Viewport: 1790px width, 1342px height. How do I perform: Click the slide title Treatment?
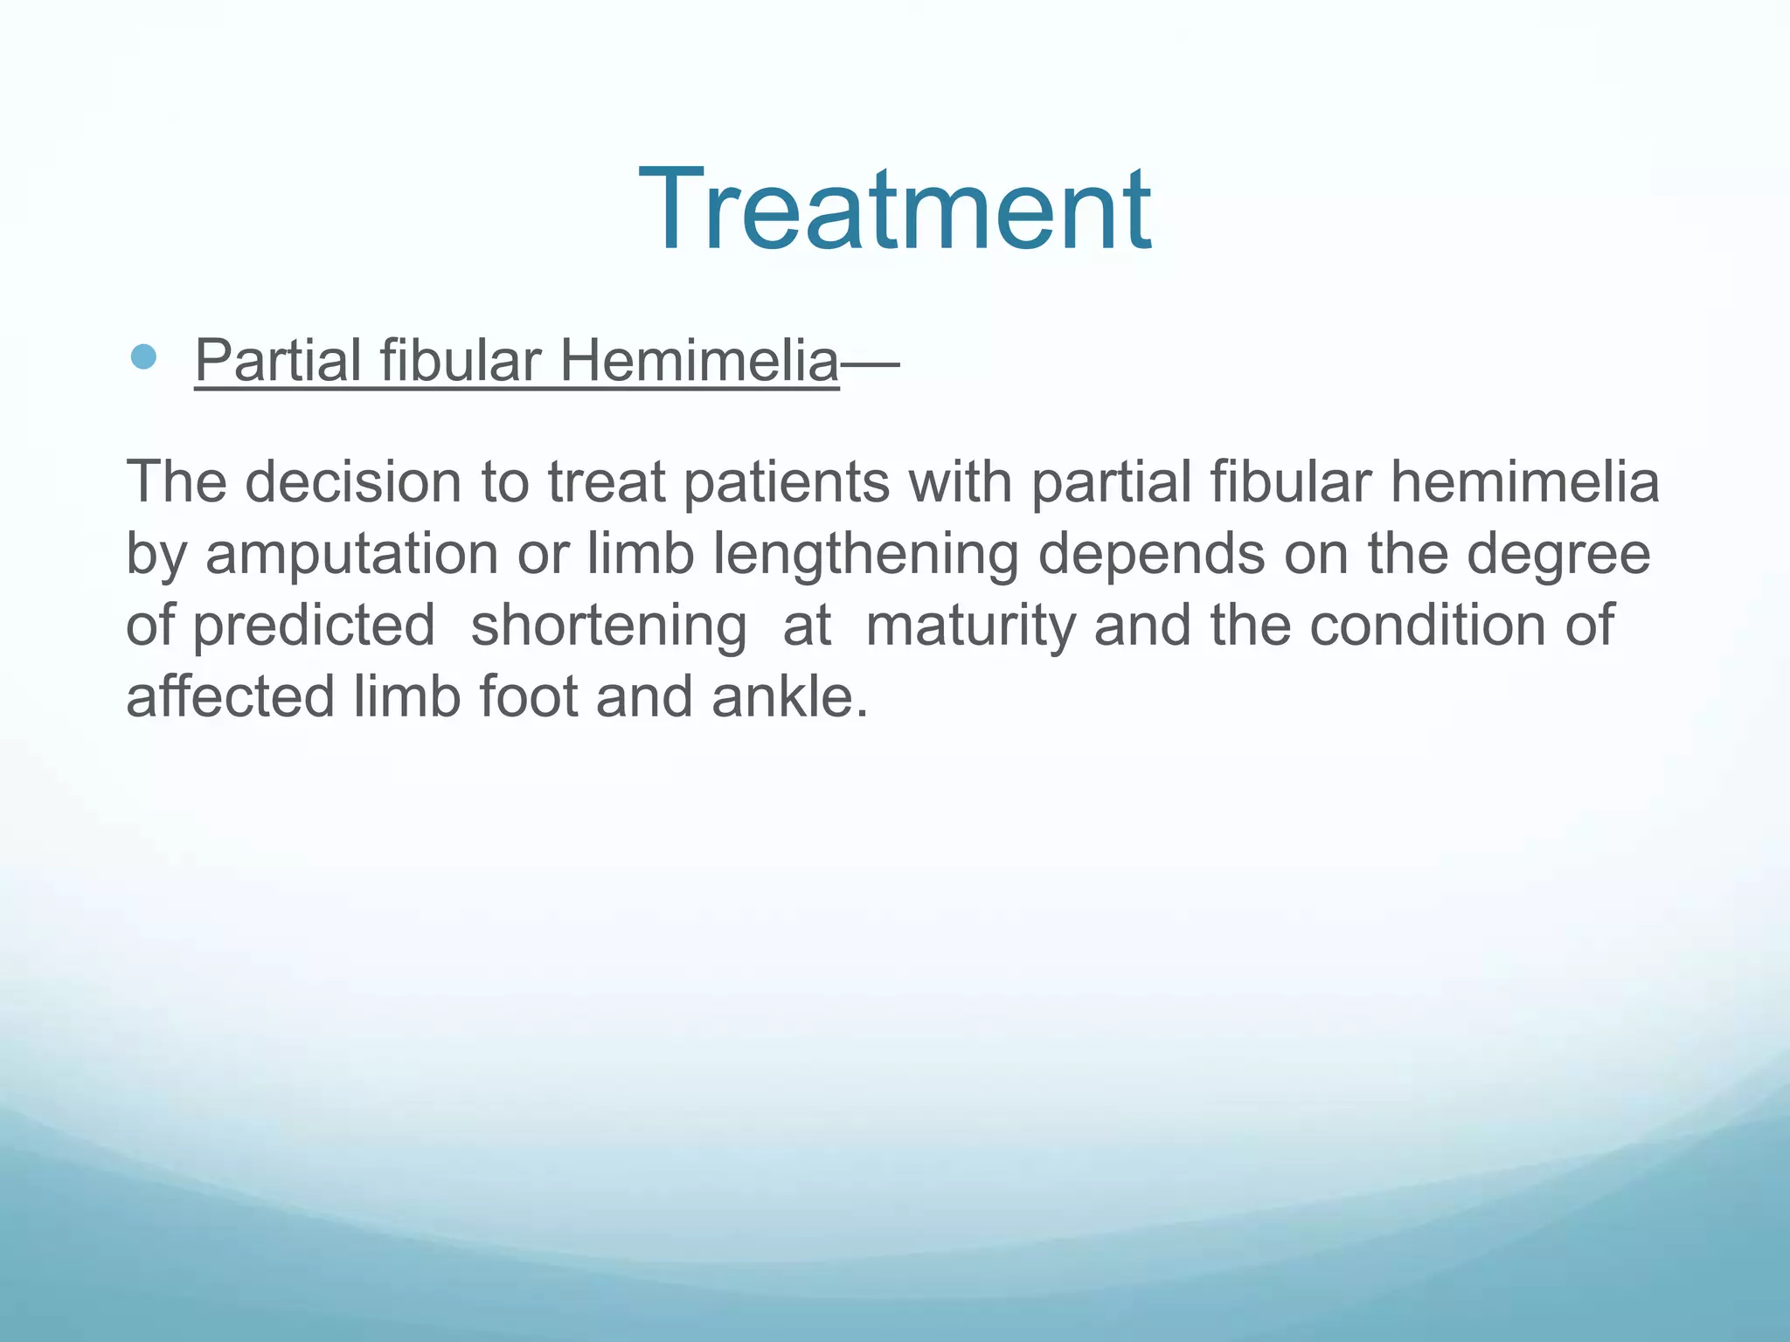895,210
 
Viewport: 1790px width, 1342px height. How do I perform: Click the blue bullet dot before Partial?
143,356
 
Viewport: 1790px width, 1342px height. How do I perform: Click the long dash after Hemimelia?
871,362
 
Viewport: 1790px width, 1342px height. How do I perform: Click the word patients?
786,483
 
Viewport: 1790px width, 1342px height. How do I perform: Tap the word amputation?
351,556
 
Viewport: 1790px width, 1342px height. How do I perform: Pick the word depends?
1151,556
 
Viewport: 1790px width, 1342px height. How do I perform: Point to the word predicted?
314,626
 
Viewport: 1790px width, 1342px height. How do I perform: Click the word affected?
230,697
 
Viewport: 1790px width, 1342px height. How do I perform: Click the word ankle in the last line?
789,697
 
